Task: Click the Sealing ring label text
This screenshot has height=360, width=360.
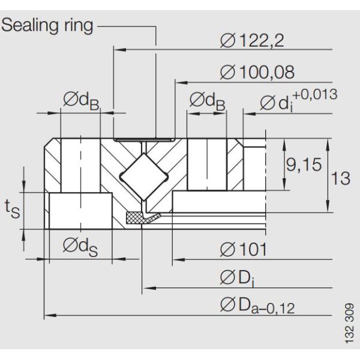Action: pos(48,25)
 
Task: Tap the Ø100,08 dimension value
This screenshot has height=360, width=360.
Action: pos(258,73)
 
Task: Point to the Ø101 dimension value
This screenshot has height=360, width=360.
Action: pos(243,248)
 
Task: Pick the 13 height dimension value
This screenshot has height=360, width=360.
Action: pos(341,178)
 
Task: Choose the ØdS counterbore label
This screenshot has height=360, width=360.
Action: pos(80,247)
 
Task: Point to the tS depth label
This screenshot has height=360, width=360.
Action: pos(11,208)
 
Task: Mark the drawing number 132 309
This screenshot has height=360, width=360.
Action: pos(350,324)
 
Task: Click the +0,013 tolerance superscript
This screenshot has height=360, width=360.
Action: pos(315,94)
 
